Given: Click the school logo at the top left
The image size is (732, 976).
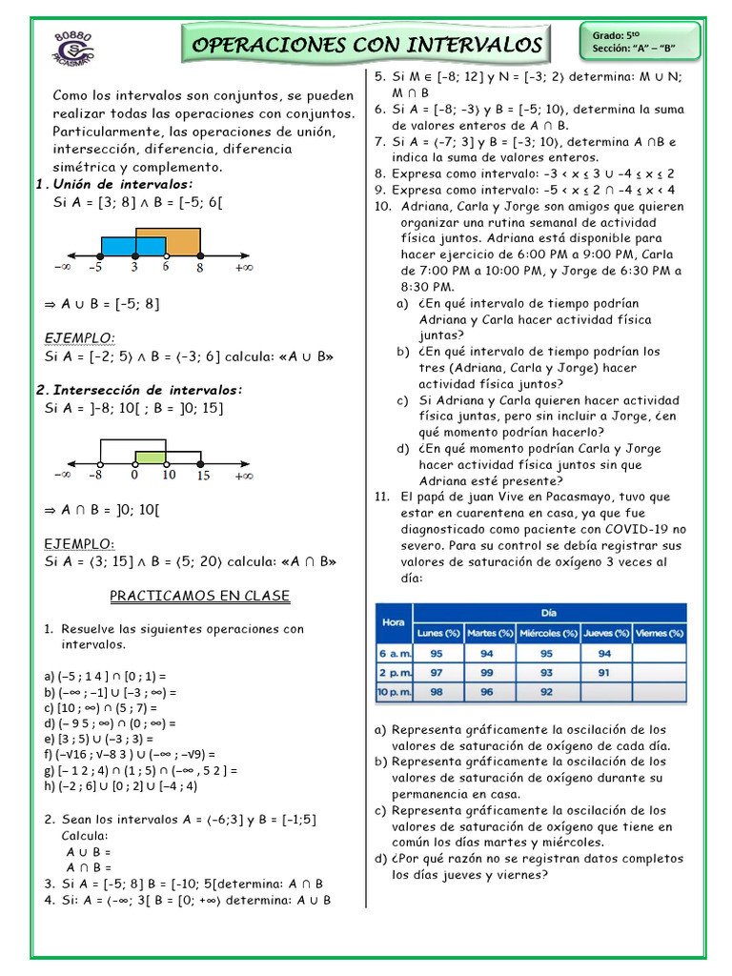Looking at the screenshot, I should pyautogui.click(x=73, y=46).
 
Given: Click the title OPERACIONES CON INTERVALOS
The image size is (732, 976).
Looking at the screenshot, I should pyautogui.click(x=368, y=45).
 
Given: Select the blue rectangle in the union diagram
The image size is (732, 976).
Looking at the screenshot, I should pyautogui.click(x=132, y=246).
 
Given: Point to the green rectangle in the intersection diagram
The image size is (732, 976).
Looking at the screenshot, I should pyautogui.click(x=151, y=456).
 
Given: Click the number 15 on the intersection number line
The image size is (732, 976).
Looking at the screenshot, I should pyautogui.click(x=204, y=475).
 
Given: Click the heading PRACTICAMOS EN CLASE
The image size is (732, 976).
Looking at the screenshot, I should pyautogui.click(x=199, y=596).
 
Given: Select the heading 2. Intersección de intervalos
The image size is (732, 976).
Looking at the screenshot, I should pyautogui.click(x=139, y=390).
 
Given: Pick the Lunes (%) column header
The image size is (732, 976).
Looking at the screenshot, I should pyautogui.click(x=438, y=632).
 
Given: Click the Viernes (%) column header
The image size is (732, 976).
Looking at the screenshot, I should pyautogui.click(x=659, y=632).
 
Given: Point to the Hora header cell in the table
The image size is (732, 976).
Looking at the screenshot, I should pyautogui.click(x=393, y=620).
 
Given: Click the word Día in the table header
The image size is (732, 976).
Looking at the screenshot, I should pyautogui.click(x=548, y=613).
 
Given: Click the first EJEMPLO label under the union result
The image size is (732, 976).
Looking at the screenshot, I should pyautogui.click(x=80, y=337).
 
